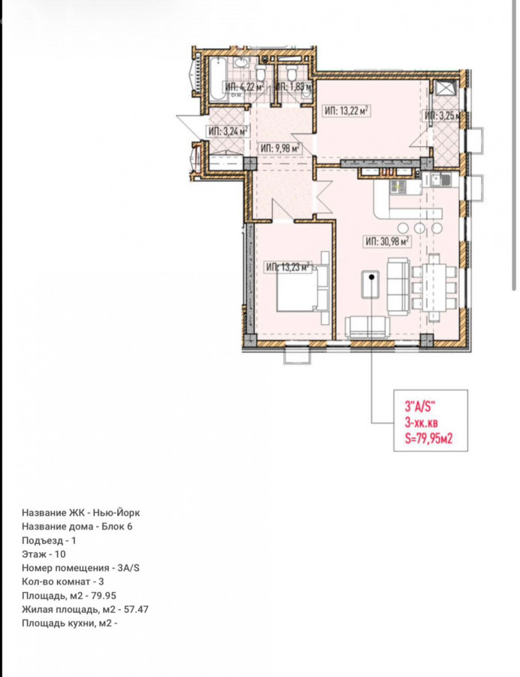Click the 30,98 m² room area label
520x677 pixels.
click(387, 241)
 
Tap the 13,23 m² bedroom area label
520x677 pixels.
click(289, 267)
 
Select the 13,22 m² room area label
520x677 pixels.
click(346, 111)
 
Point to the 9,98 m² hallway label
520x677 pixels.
click(280, 149)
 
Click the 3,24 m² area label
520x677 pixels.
click(228, 131)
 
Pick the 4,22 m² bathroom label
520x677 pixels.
click(244, 87)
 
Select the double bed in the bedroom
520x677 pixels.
click(303, 288)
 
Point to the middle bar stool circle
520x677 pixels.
click(419, 227)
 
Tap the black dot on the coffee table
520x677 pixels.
click(371, 278)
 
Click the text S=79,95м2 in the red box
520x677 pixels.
click(428, 439)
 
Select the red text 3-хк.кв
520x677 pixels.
click(422, 422)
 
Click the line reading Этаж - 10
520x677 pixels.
click(44, 554)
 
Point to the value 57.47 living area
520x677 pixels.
click(136, 609)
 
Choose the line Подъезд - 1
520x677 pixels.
click(49, 540)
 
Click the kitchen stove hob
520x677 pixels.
click(398, 187)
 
